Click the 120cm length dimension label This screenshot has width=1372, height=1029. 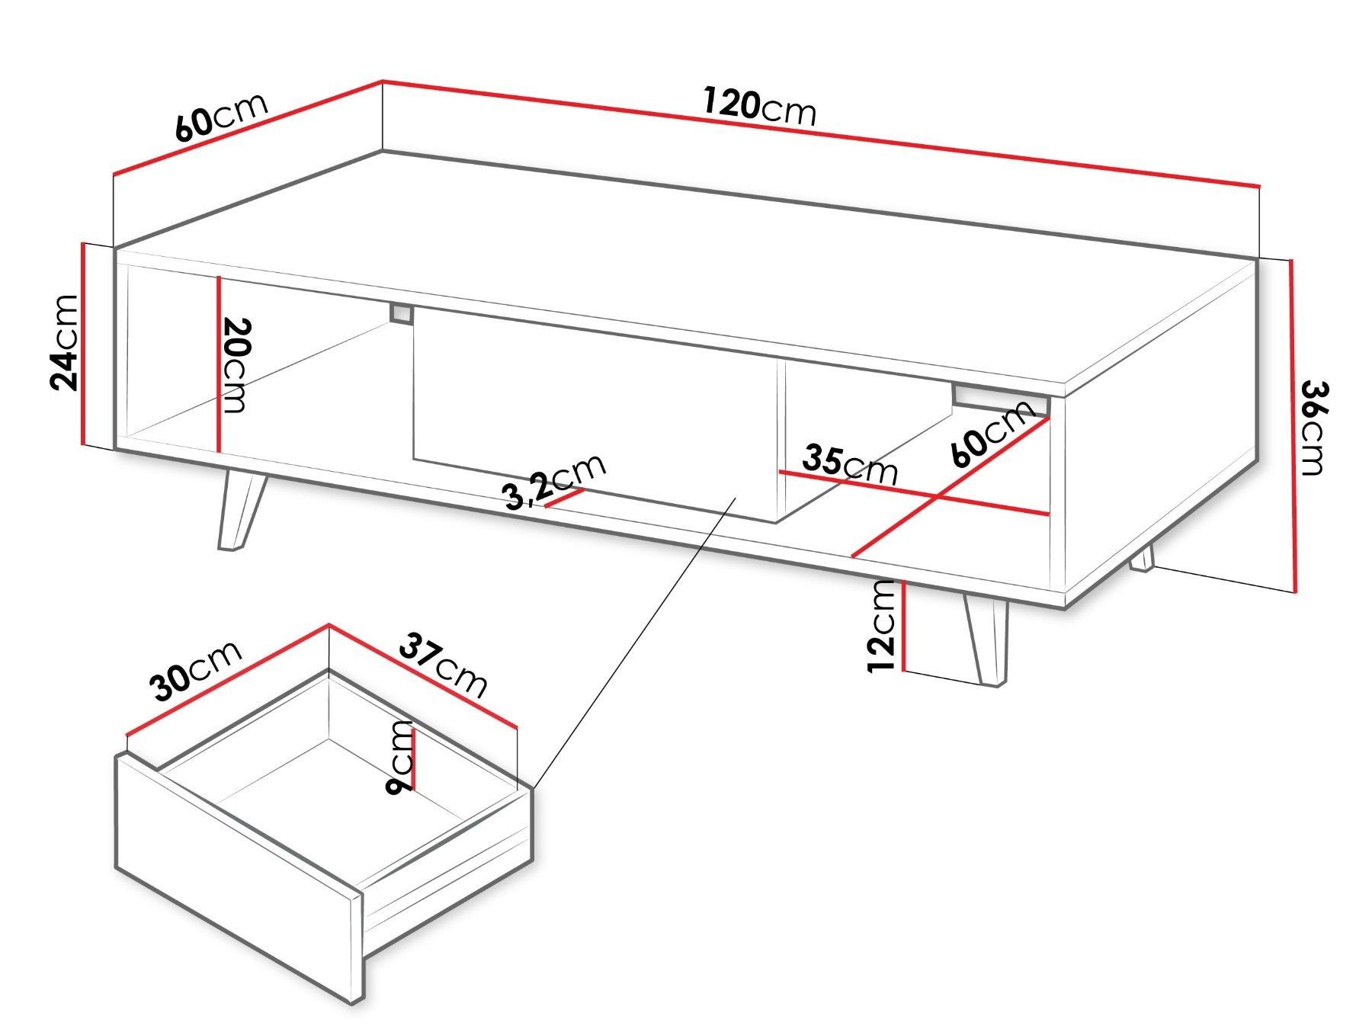pos(759,107)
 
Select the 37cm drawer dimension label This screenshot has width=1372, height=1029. pos(443,665)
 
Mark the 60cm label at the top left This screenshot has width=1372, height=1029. pos(222,118)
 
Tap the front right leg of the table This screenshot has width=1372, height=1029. pos(987,641)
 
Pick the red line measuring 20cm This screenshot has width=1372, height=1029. pos(219,364)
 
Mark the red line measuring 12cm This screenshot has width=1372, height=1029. pos(902,627)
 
